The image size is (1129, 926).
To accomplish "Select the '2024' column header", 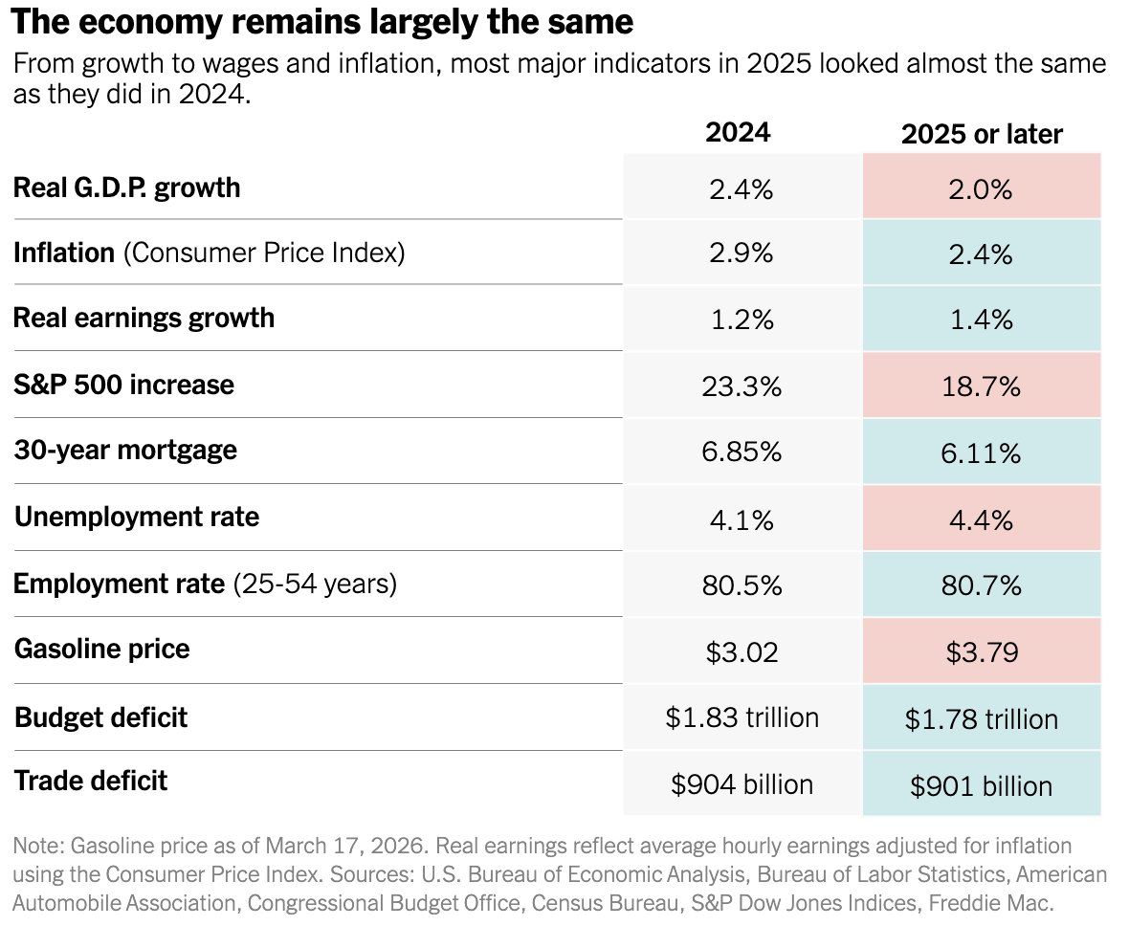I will [x=737, y=133].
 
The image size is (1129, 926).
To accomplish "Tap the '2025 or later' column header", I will [x=982, y=135].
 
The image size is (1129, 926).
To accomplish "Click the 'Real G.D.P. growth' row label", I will [x=126, y=187].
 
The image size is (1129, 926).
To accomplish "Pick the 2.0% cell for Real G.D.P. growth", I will [x=981, y=189].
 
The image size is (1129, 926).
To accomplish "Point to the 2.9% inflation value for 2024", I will [x=742, y=254].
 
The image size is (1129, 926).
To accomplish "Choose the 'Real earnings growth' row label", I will [x=144, y=318].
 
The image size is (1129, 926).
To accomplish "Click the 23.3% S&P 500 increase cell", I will [x=742, y=386].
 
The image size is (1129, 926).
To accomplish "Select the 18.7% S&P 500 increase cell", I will [x=981, y=386].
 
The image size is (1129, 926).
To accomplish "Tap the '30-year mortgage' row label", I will [x=125, y=451].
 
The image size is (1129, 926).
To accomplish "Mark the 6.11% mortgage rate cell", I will [x=981, y=452].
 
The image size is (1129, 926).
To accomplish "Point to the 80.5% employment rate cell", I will [x=742, y=584].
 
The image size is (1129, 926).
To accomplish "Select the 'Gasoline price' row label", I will [x=102, y=650].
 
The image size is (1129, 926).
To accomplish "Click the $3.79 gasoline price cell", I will [x=981, y=651].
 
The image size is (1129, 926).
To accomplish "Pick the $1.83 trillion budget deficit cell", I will [x=742, y=717].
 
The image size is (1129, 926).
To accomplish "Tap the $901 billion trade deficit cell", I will [x=981, y=785].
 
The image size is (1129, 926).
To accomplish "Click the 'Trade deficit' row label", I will [x=91, y=781].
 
